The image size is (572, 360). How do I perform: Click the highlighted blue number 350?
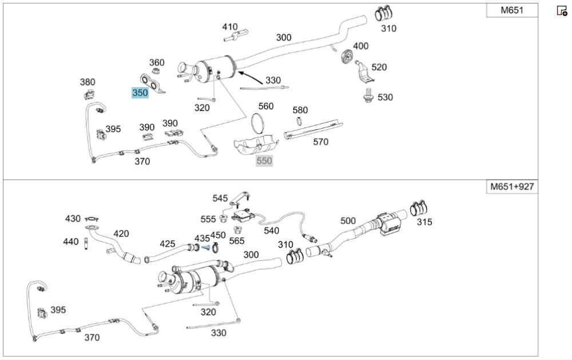click(140, 92)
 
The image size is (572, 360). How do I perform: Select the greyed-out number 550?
click(264, 161)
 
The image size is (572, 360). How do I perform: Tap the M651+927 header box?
click(513, 187)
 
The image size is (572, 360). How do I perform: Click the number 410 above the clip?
click(230, 26)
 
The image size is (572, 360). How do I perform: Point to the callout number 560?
click(266, 106)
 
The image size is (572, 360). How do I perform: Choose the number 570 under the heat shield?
click(321, 142)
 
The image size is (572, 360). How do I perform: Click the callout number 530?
click(385, 97)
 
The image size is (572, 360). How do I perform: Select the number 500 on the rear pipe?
click(348, 220)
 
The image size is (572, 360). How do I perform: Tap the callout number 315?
click(424, 222)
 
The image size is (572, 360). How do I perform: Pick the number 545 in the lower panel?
click(220, 198)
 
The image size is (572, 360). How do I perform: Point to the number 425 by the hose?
click(167, 244)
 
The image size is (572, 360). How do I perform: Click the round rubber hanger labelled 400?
click(345, 58)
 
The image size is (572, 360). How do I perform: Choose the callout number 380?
click(88, 82)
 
